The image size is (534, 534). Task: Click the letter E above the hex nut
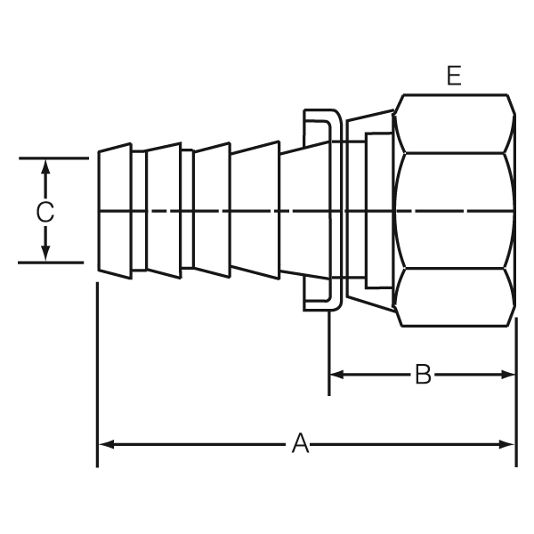tap(454, 76)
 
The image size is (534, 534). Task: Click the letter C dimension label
tap(45, 212)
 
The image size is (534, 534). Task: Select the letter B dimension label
tap(423, 375)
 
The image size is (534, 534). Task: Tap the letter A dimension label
tap(301, 444)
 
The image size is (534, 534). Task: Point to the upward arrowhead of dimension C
tap(45, 167)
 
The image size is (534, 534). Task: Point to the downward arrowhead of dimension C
tap(45, 254)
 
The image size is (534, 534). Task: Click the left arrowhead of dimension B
tap(336, 375)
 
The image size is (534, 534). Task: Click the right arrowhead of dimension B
tap(508, 375)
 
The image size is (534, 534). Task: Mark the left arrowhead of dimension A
tap(106, 444)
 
